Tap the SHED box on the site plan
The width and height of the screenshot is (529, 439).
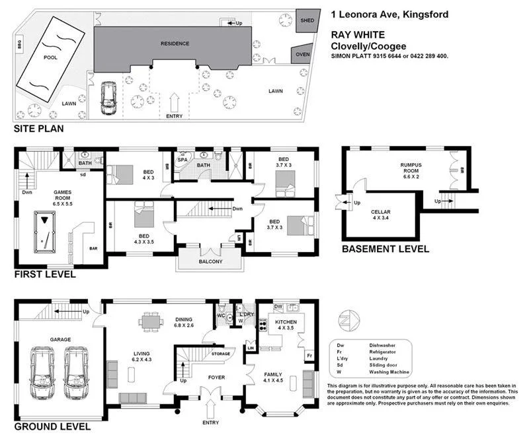tap(307, 20)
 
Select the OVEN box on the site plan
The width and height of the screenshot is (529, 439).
tap(302, 55)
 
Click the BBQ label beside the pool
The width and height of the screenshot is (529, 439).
tap(20, 46)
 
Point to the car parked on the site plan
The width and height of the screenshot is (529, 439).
tap(107, 98)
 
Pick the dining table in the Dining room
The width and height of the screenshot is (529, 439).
tap(150, 321)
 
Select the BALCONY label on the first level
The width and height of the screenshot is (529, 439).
tap(210, 261)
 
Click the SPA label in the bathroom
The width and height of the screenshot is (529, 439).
tap(182, 159)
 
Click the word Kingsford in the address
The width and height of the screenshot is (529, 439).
tap(425, 14)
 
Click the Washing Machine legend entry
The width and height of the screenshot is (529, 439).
tap(390, 372)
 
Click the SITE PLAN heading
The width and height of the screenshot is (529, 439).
tap(39, 129)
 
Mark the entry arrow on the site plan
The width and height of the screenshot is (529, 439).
tap(175, 103)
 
